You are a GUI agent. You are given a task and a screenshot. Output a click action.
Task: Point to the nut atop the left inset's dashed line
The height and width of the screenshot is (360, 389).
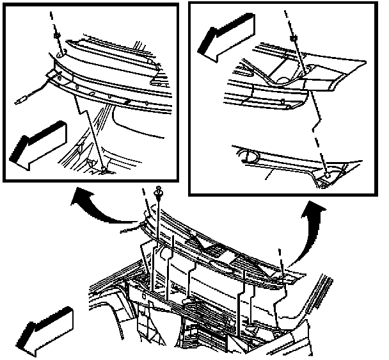pyautogui.click(x=57, y=35)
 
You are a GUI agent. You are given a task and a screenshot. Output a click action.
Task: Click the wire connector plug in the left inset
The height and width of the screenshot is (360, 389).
pyautogui.click(x=24, y=99)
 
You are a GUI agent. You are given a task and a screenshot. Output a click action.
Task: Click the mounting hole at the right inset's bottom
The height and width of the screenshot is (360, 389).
pyautogui.click(x=326, y=174)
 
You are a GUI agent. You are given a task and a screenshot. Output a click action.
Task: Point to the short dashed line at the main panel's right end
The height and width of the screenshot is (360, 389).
pyautogui.click(x=279, y=259)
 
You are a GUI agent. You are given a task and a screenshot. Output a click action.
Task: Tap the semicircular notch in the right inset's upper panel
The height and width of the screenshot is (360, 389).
pyautogui.click(x=281, y=77)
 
